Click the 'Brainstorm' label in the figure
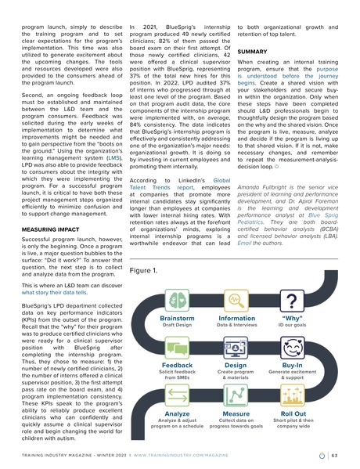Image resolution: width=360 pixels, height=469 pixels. [x=176, y=319]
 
